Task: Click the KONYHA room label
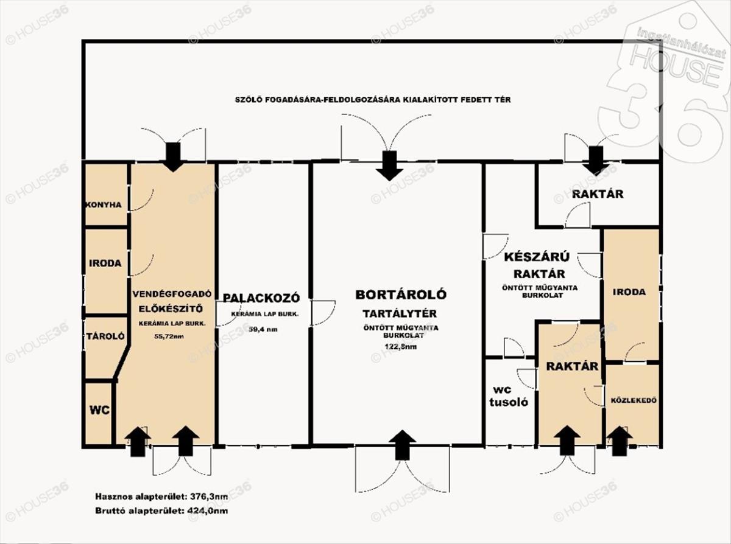pyautogui.click(x=104, y=205)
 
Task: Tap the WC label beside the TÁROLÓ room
pyautogui.click(x=99, y=410)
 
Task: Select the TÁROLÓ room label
pyautogui.click(x=105, y=336)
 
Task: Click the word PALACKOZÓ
pyautogui.click(x=262, y=298)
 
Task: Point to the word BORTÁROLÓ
pyautogui.click(x=401, y=294)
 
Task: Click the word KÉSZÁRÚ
pyautogui.click(x=537, y=257)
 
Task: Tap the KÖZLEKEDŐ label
pyautogui.click(x=634, y=401)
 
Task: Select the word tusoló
pyautogui.click(x=509, y=402)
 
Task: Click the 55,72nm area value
pyautogui.click(x=169, y=337)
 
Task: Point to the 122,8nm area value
pyautogui.click(x=401, y=346)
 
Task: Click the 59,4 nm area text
pyautogui.click(x=264, y=329)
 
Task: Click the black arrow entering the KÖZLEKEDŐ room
pyautogui.click(x=620, y=441)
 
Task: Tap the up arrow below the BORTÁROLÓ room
pyautogui.click(x=403, y=445)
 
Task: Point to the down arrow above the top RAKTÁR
pyautogui.click(x=596, y=161)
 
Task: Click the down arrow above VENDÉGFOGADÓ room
pyautogui.click(x=174, y=157)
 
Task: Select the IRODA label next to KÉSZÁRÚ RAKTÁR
pyautogui.click(x=629, y=292)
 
